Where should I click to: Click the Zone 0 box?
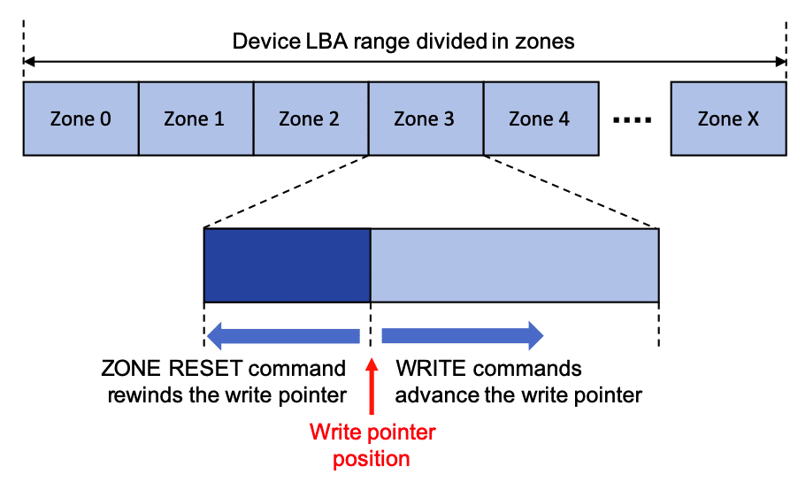coord(81,119)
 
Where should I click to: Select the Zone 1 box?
coord(196,119)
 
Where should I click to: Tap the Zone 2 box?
coord(311,119)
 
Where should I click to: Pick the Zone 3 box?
coord(426,119)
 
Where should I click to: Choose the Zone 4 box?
coord(541,119)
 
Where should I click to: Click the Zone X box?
coord(728,119)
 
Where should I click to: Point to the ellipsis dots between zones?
coord(633,119)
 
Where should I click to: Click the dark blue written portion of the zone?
coord(287,265)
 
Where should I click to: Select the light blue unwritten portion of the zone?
coord(514,265)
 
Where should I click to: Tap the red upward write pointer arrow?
coord(372,385)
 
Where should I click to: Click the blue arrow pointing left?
coord(283,335)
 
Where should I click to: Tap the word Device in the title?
coord(260,41)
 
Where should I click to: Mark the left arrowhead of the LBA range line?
coord(30,62)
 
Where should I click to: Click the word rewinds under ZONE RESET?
coord(142,394)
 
